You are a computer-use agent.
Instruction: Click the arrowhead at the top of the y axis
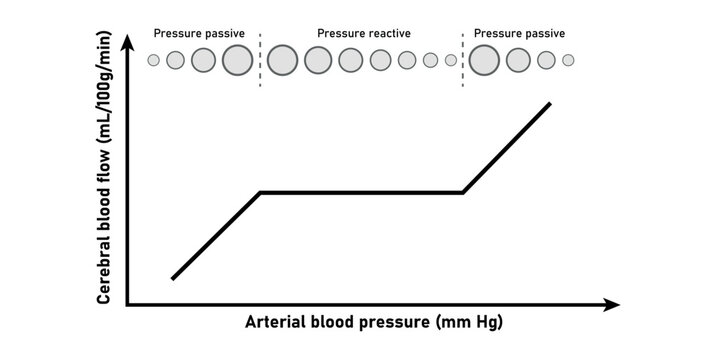(127, 42)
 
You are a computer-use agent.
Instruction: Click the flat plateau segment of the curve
(360, 192)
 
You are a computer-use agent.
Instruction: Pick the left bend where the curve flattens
(260, 192)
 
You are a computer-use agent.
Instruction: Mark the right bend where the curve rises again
(463, 192)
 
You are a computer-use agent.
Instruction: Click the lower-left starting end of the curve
(173, 278)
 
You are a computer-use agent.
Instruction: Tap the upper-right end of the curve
(549, 103)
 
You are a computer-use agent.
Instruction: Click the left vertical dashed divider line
(260, 58)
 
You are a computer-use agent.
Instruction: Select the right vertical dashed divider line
(463, 58)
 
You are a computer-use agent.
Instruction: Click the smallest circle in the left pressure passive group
(153, 60)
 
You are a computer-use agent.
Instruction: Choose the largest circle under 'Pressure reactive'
(283, 60)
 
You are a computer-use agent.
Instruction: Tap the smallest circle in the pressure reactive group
(451, 60)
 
